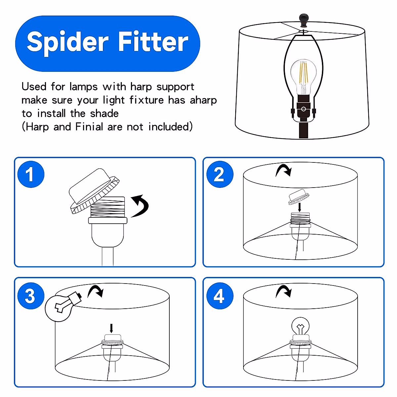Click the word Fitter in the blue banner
coord(153,41)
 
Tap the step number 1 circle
coord(31,174)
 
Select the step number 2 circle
coord(220,174)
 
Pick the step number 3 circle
coord(31,296)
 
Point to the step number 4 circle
coord(220,296)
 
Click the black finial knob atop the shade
coord(304,20)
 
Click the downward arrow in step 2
coord(299,207)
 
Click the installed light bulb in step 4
coord(301,327)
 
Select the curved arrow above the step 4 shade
coord(283,291)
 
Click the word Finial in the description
coord(89,126)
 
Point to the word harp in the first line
coord(141,87)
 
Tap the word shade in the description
coord(104,113)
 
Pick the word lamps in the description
coord(83,87)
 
